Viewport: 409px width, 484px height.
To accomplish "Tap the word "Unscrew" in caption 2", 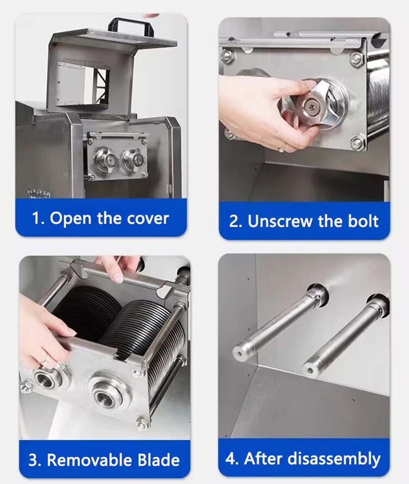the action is tap(280, 221).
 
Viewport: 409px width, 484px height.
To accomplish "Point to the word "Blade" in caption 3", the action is tap(158, 460).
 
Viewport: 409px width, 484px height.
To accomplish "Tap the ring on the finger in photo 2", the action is tap(283, 147).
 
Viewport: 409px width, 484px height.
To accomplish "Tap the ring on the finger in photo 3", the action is tap(46, 359).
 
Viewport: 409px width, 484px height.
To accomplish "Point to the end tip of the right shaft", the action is tap(310, 370).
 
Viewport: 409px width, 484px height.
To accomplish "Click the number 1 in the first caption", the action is tap(36, 219).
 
